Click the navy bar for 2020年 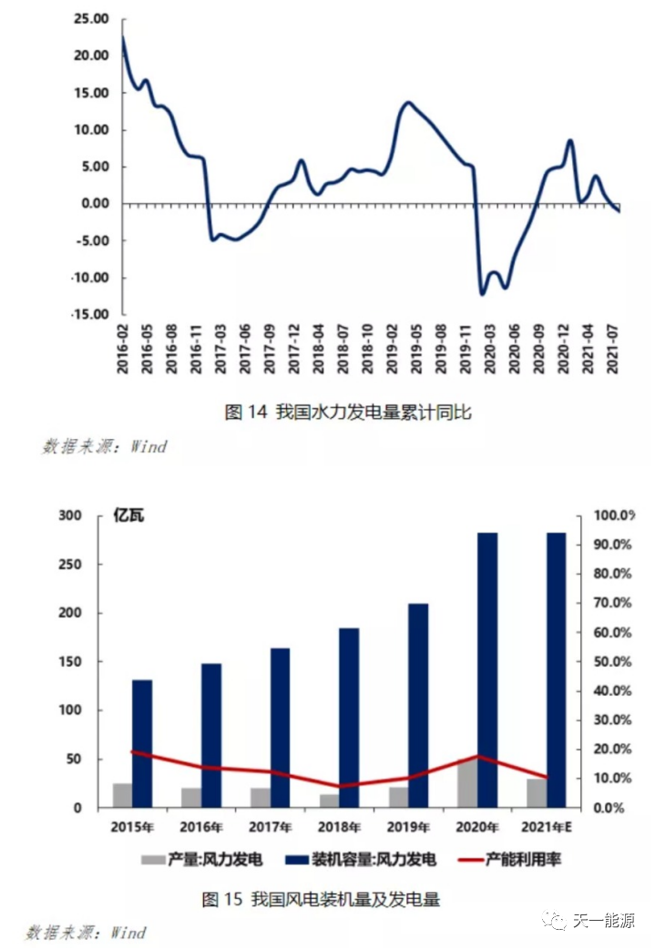point(487,669)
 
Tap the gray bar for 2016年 point(191,798)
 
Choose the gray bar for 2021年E point(537,793)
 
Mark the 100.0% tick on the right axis point(613,516)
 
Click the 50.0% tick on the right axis point(613,662)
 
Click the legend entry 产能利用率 point(512,859)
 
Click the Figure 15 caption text point(320,900)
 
